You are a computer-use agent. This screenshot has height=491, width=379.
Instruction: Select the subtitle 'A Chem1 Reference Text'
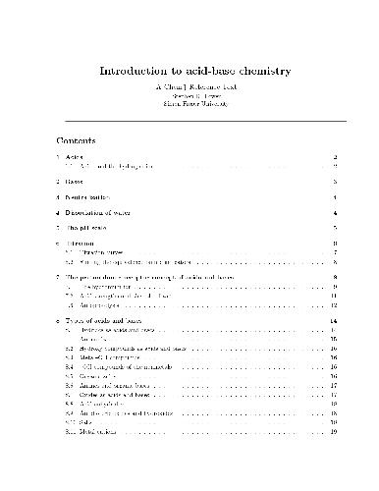pyautogui.click(x=189, y=86)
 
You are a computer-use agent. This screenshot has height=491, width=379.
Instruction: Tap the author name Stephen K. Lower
pyautogui.click(x=189, y=95)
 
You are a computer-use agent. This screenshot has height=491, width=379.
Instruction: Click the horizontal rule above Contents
pyautogui.click(x=189, y=121)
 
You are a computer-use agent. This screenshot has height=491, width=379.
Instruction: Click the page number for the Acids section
pyautogui.click(x=336, y=157)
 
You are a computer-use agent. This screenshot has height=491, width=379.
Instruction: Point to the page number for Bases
pyautogui.click(x=336, y=182)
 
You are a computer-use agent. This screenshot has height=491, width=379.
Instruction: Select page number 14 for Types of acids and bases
pyautogui.click(x=334, y=321)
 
